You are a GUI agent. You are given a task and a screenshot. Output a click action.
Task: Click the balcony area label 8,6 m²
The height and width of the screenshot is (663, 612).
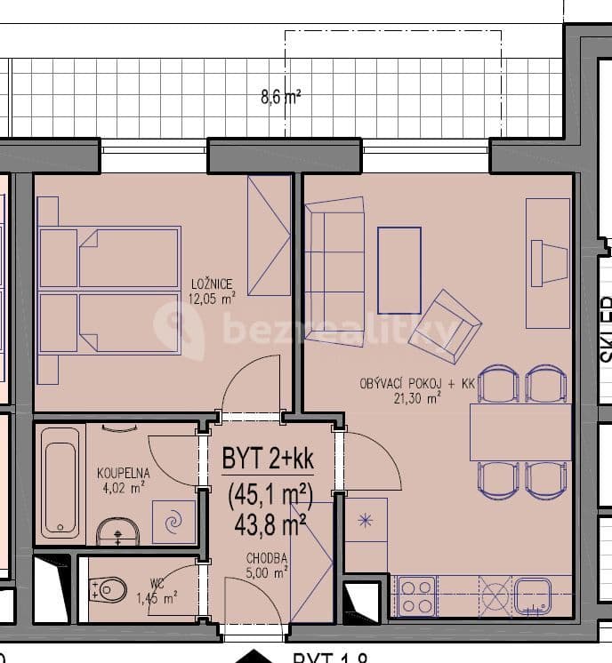280,97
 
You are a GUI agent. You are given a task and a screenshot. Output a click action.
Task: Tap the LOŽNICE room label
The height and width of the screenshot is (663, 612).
211,284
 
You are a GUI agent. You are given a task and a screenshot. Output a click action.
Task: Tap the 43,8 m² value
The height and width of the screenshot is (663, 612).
269,524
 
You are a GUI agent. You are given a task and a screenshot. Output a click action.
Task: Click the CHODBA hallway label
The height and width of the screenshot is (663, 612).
267,558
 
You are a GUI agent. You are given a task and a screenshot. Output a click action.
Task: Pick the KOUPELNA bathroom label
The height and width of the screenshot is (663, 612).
123,474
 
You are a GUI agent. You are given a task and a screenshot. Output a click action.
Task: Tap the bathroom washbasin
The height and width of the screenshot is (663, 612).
118,532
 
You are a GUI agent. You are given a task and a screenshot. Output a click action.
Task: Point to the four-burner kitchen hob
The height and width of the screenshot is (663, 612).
415,595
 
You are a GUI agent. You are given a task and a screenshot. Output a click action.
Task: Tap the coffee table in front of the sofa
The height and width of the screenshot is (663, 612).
399,270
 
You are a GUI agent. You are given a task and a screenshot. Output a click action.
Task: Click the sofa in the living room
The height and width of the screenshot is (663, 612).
334,259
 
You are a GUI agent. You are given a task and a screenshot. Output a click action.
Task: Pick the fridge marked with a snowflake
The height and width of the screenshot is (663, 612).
365,522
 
